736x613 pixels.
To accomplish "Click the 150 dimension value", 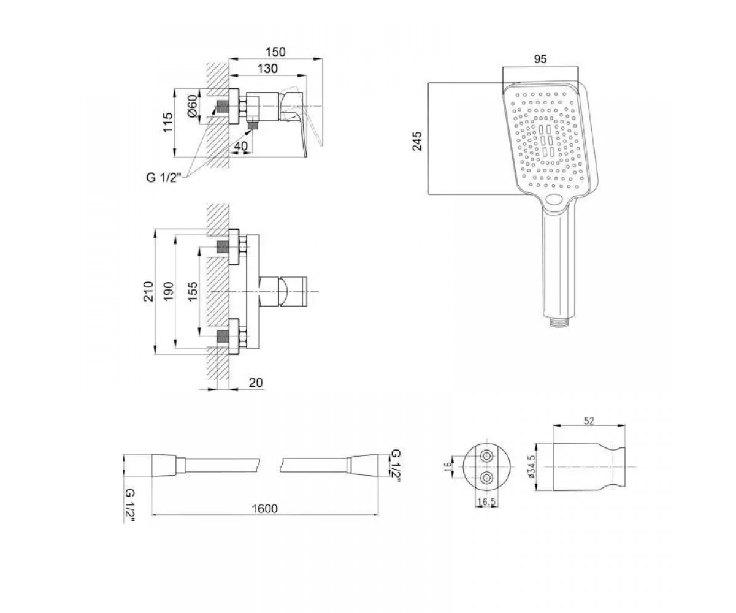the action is point(275,52).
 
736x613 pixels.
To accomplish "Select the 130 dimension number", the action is point(267,69).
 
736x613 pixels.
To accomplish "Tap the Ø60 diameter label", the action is point(192,105).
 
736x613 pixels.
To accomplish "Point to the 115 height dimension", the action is point(168,123).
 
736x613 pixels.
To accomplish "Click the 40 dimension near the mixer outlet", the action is point(241,146).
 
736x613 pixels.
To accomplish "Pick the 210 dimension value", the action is point(149,291).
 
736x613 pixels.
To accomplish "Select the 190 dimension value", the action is point(169,291).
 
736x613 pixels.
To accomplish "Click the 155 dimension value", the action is point(193,292).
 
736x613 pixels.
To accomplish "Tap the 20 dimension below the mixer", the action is point(256,383).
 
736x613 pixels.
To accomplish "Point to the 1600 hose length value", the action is point(265,509).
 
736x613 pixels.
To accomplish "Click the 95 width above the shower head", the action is point(540,59).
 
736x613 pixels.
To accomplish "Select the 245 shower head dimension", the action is point(417,141).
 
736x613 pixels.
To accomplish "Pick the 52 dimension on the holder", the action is point(589,421).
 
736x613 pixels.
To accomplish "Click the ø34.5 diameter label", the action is point(532,466).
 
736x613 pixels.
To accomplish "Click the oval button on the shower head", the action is point(555,199).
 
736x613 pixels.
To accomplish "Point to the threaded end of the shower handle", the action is point(560,322).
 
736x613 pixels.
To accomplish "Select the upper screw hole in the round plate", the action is point(487,456).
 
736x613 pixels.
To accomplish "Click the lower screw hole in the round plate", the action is point(487,478).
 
